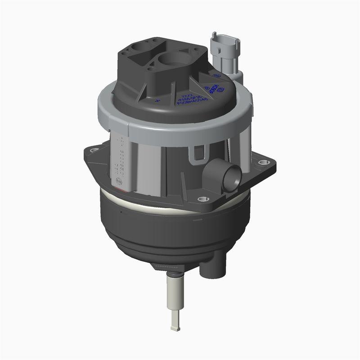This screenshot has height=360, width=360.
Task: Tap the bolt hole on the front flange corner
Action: point(201,198)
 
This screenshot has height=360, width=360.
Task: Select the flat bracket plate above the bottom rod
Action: point(173,269)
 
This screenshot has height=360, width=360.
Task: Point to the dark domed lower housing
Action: point(171,229)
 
